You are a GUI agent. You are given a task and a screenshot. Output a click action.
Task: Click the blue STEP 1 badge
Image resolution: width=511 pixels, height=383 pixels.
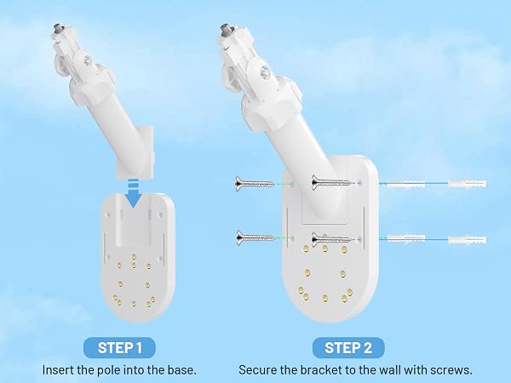(x=119, y=347)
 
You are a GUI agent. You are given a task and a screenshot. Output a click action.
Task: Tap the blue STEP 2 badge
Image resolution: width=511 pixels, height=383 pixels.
(x=348, y=347)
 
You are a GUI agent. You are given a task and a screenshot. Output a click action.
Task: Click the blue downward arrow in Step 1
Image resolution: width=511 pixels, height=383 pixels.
(x=134, y=194)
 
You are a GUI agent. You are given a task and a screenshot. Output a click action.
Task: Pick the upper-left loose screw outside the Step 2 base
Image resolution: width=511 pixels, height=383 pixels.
(x=254, y=184)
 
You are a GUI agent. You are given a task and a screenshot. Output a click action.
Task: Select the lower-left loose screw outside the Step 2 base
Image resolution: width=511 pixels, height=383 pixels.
(x=255, y=238)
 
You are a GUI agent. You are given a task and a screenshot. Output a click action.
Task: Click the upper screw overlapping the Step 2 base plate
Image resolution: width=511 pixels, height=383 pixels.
(x=330, y=182)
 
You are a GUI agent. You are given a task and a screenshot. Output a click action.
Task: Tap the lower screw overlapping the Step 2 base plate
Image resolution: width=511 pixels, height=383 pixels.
(x=331, y=240)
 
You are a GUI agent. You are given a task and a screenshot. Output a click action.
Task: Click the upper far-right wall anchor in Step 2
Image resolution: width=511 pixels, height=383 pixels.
(x=468, y=184)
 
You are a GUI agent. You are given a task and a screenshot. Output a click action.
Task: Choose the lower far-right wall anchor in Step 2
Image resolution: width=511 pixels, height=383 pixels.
(x=468, y=240)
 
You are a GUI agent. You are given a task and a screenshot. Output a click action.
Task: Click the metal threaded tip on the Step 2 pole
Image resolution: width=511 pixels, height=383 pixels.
(x=225, y=29)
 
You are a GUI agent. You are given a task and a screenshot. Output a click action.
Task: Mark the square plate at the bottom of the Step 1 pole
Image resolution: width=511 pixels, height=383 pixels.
(x=135, y=152)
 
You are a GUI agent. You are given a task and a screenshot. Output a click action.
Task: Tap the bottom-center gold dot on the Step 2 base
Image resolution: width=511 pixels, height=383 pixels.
(x=324, y=298)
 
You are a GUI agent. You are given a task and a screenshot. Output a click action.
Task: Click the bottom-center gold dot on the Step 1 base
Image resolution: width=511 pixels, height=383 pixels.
(x=134, y=304)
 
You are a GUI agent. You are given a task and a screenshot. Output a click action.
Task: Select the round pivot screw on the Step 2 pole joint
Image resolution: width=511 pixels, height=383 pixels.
(x=264, y=72)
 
